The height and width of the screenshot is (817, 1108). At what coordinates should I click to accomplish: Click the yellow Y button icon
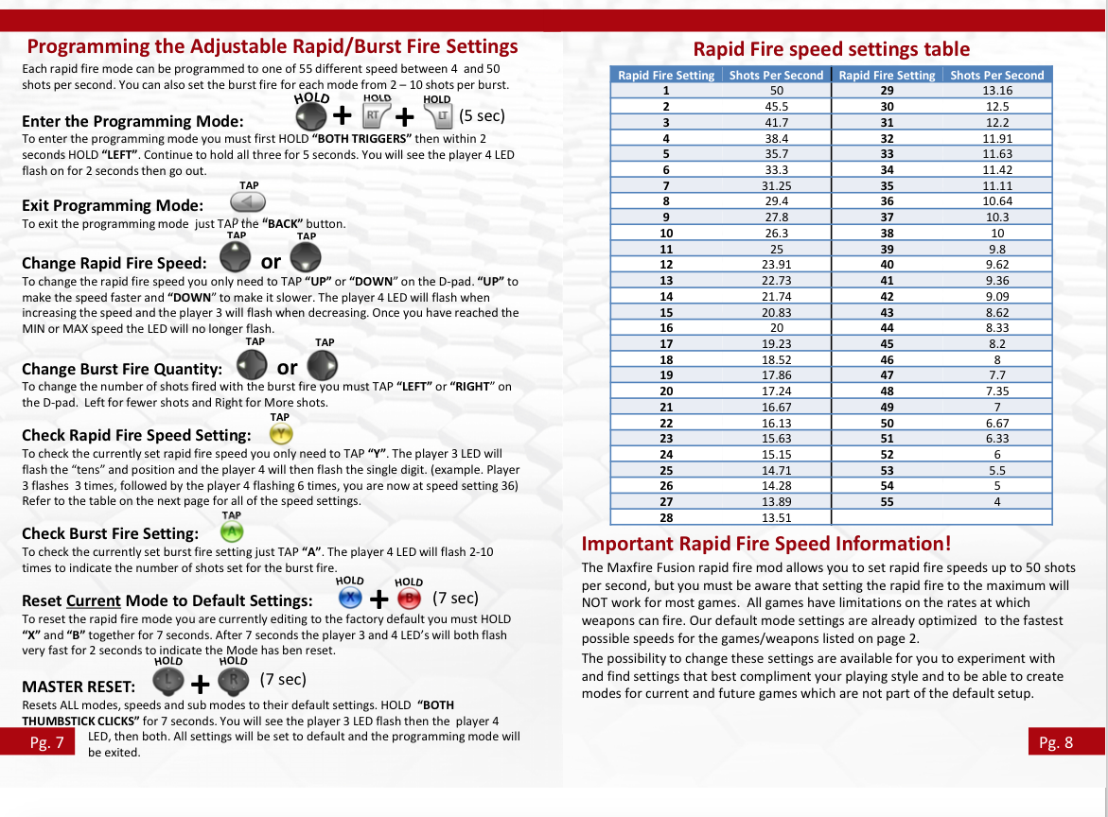(281, 434)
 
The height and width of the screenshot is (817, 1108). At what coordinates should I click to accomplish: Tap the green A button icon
(232, 532)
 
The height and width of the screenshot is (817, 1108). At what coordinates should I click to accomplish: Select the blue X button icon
(349, 599)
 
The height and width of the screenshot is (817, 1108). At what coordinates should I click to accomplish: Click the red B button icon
(408, 599)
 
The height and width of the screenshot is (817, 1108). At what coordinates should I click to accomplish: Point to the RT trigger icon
(375, 115)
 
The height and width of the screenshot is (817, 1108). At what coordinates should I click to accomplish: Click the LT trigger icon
(439, 115)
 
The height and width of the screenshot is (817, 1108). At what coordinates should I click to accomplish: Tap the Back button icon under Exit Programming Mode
(248, 202)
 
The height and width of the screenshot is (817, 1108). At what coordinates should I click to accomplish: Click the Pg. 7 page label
(46, 742)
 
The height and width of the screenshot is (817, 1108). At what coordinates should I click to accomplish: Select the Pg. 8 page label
(1056, 742)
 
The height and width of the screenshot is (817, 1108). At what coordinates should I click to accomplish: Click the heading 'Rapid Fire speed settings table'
(831, 49)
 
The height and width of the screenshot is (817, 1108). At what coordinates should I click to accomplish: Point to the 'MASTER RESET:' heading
(79, 686)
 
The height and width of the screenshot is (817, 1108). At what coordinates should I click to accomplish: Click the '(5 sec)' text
(482, 115)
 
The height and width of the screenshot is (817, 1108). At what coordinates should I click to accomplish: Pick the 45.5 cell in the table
(776, 107)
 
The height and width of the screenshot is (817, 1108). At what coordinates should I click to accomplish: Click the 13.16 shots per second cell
(996, 91)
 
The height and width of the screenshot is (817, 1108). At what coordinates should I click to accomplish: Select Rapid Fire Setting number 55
(887, 501)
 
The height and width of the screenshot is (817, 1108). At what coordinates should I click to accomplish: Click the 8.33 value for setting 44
(996, 327)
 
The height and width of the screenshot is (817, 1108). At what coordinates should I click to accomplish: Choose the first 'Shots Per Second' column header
(776, 75)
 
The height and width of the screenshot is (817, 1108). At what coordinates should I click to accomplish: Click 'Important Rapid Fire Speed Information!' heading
(765, 544)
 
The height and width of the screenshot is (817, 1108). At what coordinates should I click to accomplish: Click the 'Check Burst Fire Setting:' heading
(110, 533)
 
